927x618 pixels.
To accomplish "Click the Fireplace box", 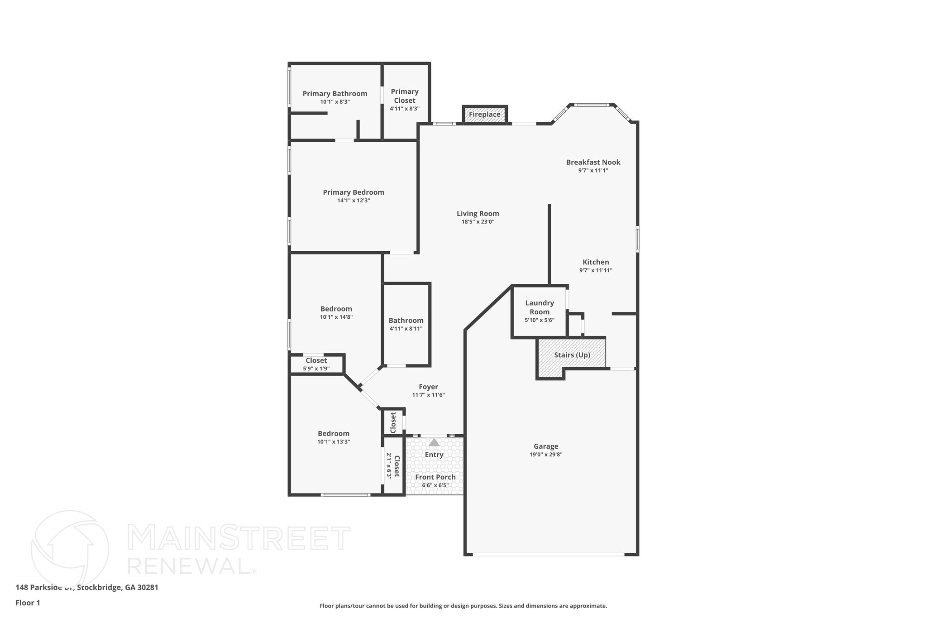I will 484,115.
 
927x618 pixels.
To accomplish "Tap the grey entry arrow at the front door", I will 434,442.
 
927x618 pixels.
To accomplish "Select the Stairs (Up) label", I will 572,355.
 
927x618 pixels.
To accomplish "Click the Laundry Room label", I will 540,307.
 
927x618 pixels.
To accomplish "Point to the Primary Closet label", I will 405,96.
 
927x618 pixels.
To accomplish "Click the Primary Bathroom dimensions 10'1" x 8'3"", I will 335,102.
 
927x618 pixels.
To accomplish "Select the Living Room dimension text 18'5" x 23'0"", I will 478,222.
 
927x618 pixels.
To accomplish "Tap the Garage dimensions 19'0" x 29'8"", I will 546,455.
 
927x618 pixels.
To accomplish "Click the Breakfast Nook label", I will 593,162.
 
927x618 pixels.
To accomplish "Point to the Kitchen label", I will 596,262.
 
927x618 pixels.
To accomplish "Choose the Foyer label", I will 428,387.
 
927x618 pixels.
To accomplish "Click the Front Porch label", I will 435,477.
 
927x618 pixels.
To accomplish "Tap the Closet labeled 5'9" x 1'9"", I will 316,361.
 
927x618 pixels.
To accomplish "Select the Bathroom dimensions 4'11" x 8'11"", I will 406,329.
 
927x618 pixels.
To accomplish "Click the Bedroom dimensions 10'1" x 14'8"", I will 336,317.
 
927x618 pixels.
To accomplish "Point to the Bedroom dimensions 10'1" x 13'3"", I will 334,441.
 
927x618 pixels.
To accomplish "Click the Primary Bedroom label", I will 354,192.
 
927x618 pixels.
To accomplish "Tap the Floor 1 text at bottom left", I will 28,603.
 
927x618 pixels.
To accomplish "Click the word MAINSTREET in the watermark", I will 239,538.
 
